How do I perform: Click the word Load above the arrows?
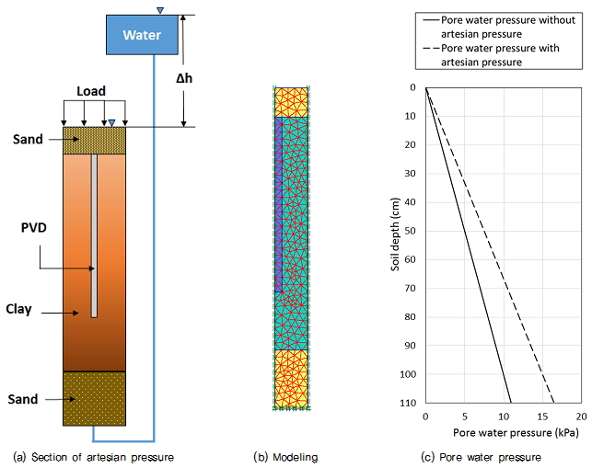pos(91,91)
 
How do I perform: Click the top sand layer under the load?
pos(94,141)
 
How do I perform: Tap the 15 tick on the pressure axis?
pos(543,417)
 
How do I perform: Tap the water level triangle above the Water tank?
pos(160,10)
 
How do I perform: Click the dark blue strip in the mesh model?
pos(278,202)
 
